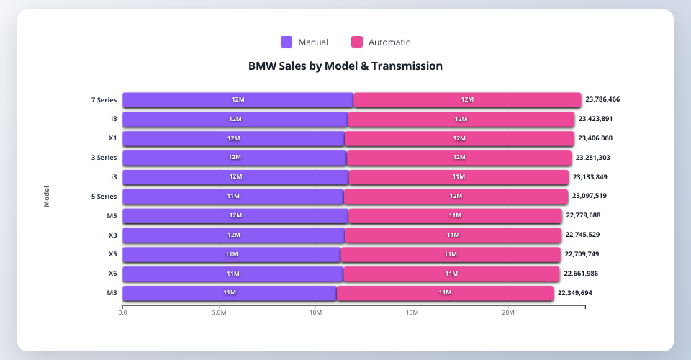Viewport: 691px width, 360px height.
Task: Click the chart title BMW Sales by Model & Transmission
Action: (345, 66)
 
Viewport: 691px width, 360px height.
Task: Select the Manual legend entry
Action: (304, 42)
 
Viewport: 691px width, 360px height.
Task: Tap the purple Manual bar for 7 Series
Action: (238, 100)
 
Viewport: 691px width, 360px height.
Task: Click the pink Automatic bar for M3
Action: (445, 293)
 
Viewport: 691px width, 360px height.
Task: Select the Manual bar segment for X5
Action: (231, 254)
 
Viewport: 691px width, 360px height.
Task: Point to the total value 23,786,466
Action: (613, 100)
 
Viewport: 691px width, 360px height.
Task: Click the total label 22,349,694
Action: (584, 293)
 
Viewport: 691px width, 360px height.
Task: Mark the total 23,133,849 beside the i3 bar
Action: (600, 177)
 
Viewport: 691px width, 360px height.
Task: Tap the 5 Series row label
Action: (104, 197)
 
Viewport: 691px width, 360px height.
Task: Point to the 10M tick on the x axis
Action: (315, 312)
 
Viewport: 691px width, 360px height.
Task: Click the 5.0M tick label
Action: (219, 312)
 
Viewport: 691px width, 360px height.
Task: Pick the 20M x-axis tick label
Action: (508, 312)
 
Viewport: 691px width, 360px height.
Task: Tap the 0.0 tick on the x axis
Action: (123, 312)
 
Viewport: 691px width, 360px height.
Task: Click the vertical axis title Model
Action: (47, 197)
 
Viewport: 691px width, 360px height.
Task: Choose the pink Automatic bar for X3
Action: (453, 235)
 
